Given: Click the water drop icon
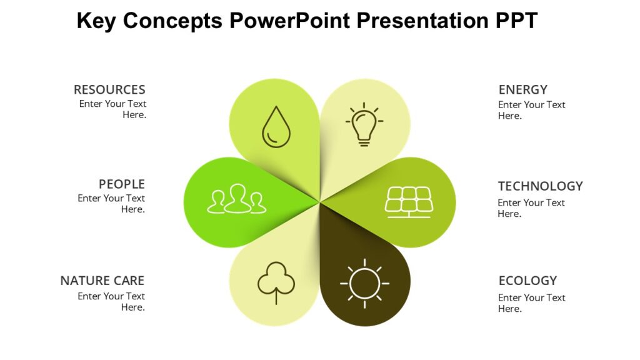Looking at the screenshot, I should pyautogui.click(x=276, y=127).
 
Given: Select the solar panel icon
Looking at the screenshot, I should pyautogui.click(x=409, y=202).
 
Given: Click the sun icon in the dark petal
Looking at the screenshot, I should pyautogui.click(x=364, y=283).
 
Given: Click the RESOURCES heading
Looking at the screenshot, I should pyautogui.click(x=109, y=89).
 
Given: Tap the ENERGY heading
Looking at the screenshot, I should pyautogui.click(x=522, y=89).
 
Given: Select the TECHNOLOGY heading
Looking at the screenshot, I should pyautogui.click(x=540, y=186).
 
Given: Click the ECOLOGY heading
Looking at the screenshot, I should pyautogui.click(x=527, y=281).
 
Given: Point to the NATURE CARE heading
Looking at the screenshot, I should pyautogui.click(x=102, y=281).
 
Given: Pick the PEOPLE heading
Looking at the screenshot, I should pyautogui.click(x=121, y=184).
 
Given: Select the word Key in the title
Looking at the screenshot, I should pyautogui.click(x=96, y=21).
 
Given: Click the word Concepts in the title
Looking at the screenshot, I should pyautogui.click(x=173, y=21).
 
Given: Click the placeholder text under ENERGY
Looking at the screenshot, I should pyautogui.click(x=531, y=110).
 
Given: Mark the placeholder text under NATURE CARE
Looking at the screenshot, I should pyautogui.click(x=112, y=301).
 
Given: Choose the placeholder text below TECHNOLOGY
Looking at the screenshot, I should pyautogui.click(x=531, y=208).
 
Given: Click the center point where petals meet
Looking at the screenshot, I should pyautogui.click(x=320, y=202).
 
